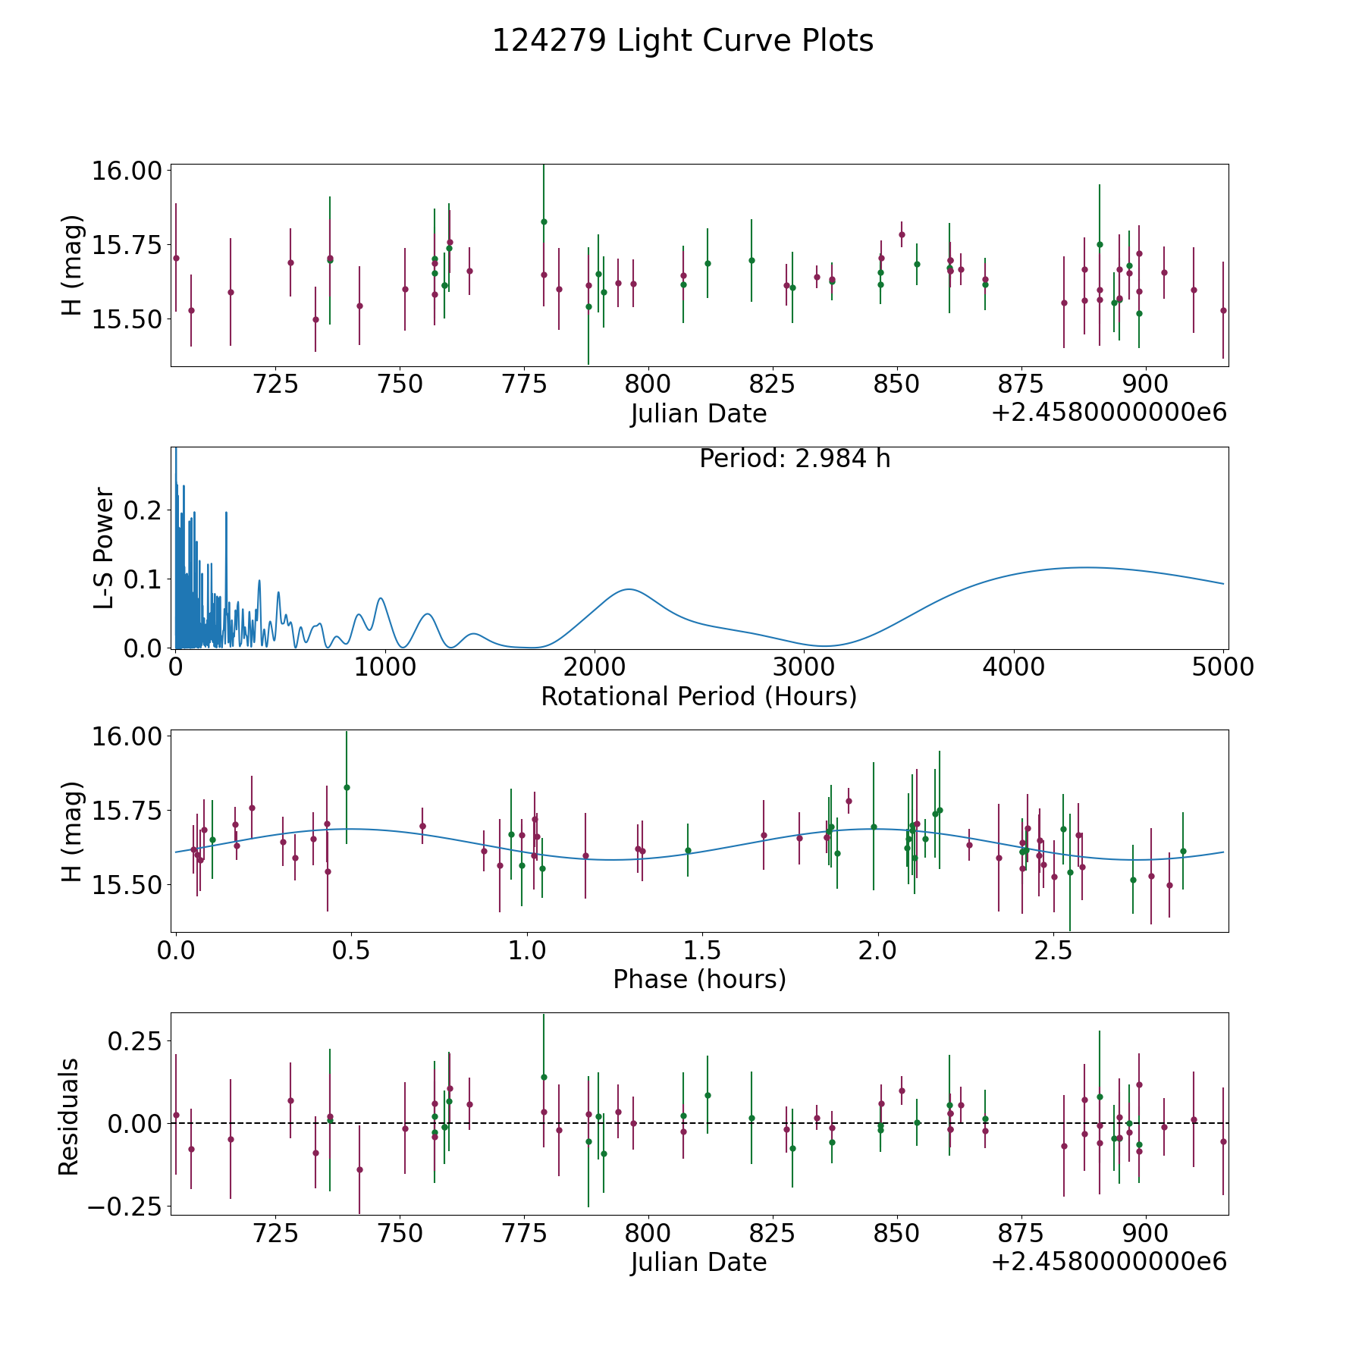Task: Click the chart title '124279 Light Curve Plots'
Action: (682, 41)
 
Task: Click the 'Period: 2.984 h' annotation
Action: (794, 459)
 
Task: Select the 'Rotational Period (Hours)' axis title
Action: (698, 696)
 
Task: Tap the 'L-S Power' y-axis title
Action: (105, 548)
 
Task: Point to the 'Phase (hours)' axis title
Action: (699, 979)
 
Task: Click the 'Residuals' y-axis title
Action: (69, 1116)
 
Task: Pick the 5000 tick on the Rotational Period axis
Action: (1223, 667)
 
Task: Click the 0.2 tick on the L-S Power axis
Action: (143, 510)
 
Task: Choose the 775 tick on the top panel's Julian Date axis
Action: (524, 384)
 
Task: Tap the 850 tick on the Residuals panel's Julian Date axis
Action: (896, 1233)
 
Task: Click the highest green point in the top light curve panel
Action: (544, 221)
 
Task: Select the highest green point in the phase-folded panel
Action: (347, 787)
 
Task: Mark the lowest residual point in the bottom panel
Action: (359, 1169)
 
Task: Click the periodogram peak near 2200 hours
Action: (629, 589)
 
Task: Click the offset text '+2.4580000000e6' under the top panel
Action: (1109, 413)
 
